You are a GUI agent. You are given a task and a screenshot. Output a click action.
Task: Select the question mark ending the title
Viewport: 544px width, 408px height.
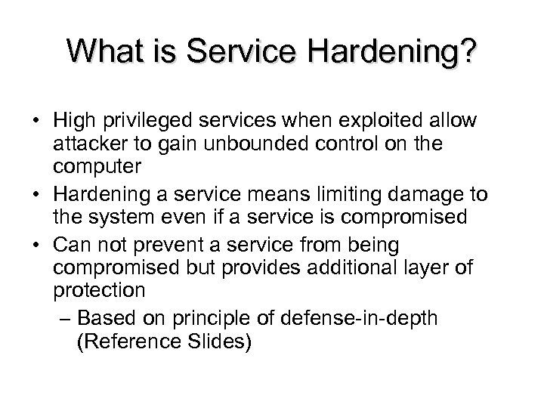(467, 52)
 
